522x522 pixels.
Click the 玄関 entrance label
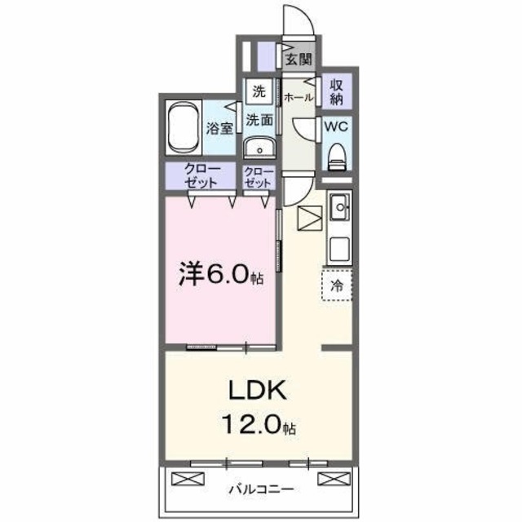[299, 59]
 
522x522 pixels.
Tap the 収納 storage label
[337, 91]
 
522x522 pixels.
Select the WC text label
[336, 127]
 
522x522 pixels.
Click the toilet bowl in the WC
[336, 155]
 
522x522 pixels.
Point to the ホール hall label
[298, 97]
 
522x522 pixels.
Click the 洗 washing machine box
[258, 91]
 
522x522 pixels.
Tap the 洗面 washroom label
[259, 119]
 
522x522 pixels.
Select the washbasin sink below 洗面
[259, 148]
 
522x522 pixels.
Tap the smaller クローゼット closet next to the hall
[259, 177]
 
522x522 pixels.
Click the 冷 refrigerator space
[337, 286]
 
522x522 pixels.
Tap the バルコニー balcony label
[260, 489]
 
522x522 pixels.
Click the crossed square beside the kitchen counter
[311, 219]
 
